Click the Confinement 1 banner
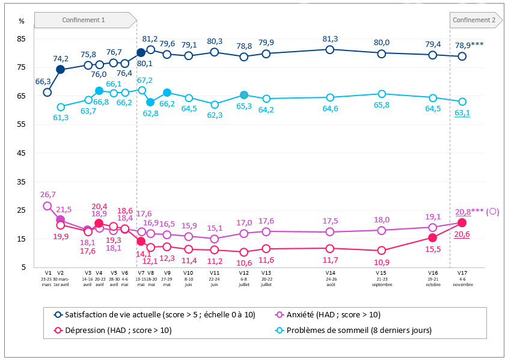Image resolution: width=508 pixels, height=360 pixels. click(x=84, y=20)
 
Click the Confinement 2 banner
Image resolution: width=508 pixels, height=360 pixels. click(x=474, y=20)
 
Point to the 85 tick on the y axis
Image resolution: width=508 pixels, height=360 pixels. click(x=22, y=39)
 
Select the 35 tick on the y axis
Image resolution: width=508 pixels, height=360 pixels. click(x=22, y=182)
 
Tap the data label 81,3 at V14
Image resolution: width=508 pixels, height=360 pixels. click(x=330, y=38)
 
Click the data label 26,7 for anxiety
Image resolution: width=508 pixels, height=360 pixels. click(x=48, y=195)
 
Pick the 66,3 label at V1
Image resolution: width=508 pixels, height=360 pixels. click(x=43, y=81)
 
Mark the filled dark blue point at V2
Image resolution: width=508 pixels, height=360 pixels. click(x=61, y=70)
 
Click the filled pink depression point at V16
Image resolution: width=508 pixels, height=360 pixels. click(x=432, y=237)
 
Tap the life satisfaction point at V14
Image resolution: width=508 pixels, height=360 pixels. click(x=330, y=49)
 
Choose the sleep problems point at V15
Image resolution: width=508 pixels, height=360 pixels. click(x=381, y=94)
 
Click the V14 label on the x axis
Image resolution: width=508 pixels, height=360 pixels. click(x=330, y=272)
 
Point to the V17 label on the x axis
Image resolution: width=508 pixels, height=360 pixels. click(x=462, y=272)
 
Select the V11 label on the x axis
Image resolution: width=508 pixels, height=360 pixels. click(x=215, y=272)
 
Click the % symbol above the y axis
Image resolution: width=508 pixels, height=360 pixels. click(x=22, y=21)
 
